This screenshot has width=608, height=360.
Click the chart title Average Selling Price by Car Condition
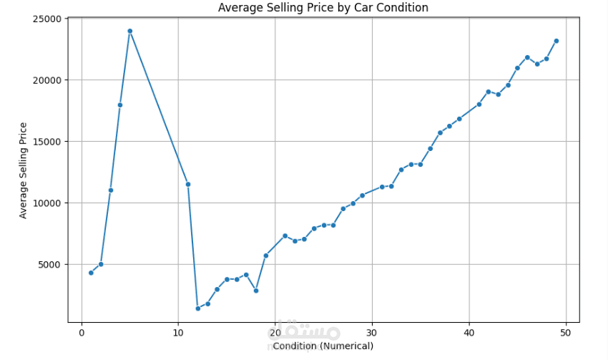(x=323, y=8)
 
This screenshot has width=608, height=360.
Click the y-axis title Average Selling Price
(x=24, y=170)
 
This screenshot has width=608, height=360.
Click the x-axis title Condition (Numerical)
(x=323, y=346)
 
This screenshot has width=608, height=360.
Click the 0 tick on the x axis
(x=82, y=333)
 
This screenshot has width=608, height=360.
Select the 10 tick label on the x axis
(x=178, y=333)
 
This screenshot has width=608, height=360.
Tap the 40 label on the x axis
(x=469, y=333)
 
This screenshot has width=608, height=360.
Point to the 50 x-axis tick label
(x=566, y=333)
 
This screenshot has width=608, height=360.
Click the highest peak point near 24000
(x=130, y=31)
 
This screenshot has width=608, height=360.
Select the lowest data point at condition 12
(x=197, y=308)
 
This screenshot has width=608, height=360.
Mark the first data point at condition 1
(x=91, y=273)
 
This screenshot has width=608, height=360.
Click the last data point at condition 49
(x=556, y=41)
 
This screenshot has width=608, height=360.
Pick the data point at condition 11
(x=188, y=184)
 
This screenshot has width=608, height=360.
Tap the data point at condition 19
(x=265, y=256)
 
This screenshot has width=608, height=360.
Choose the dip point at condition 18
(x=256, y=291)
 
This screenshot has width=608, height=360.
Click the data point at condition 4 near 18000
(x=120, y=105)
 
